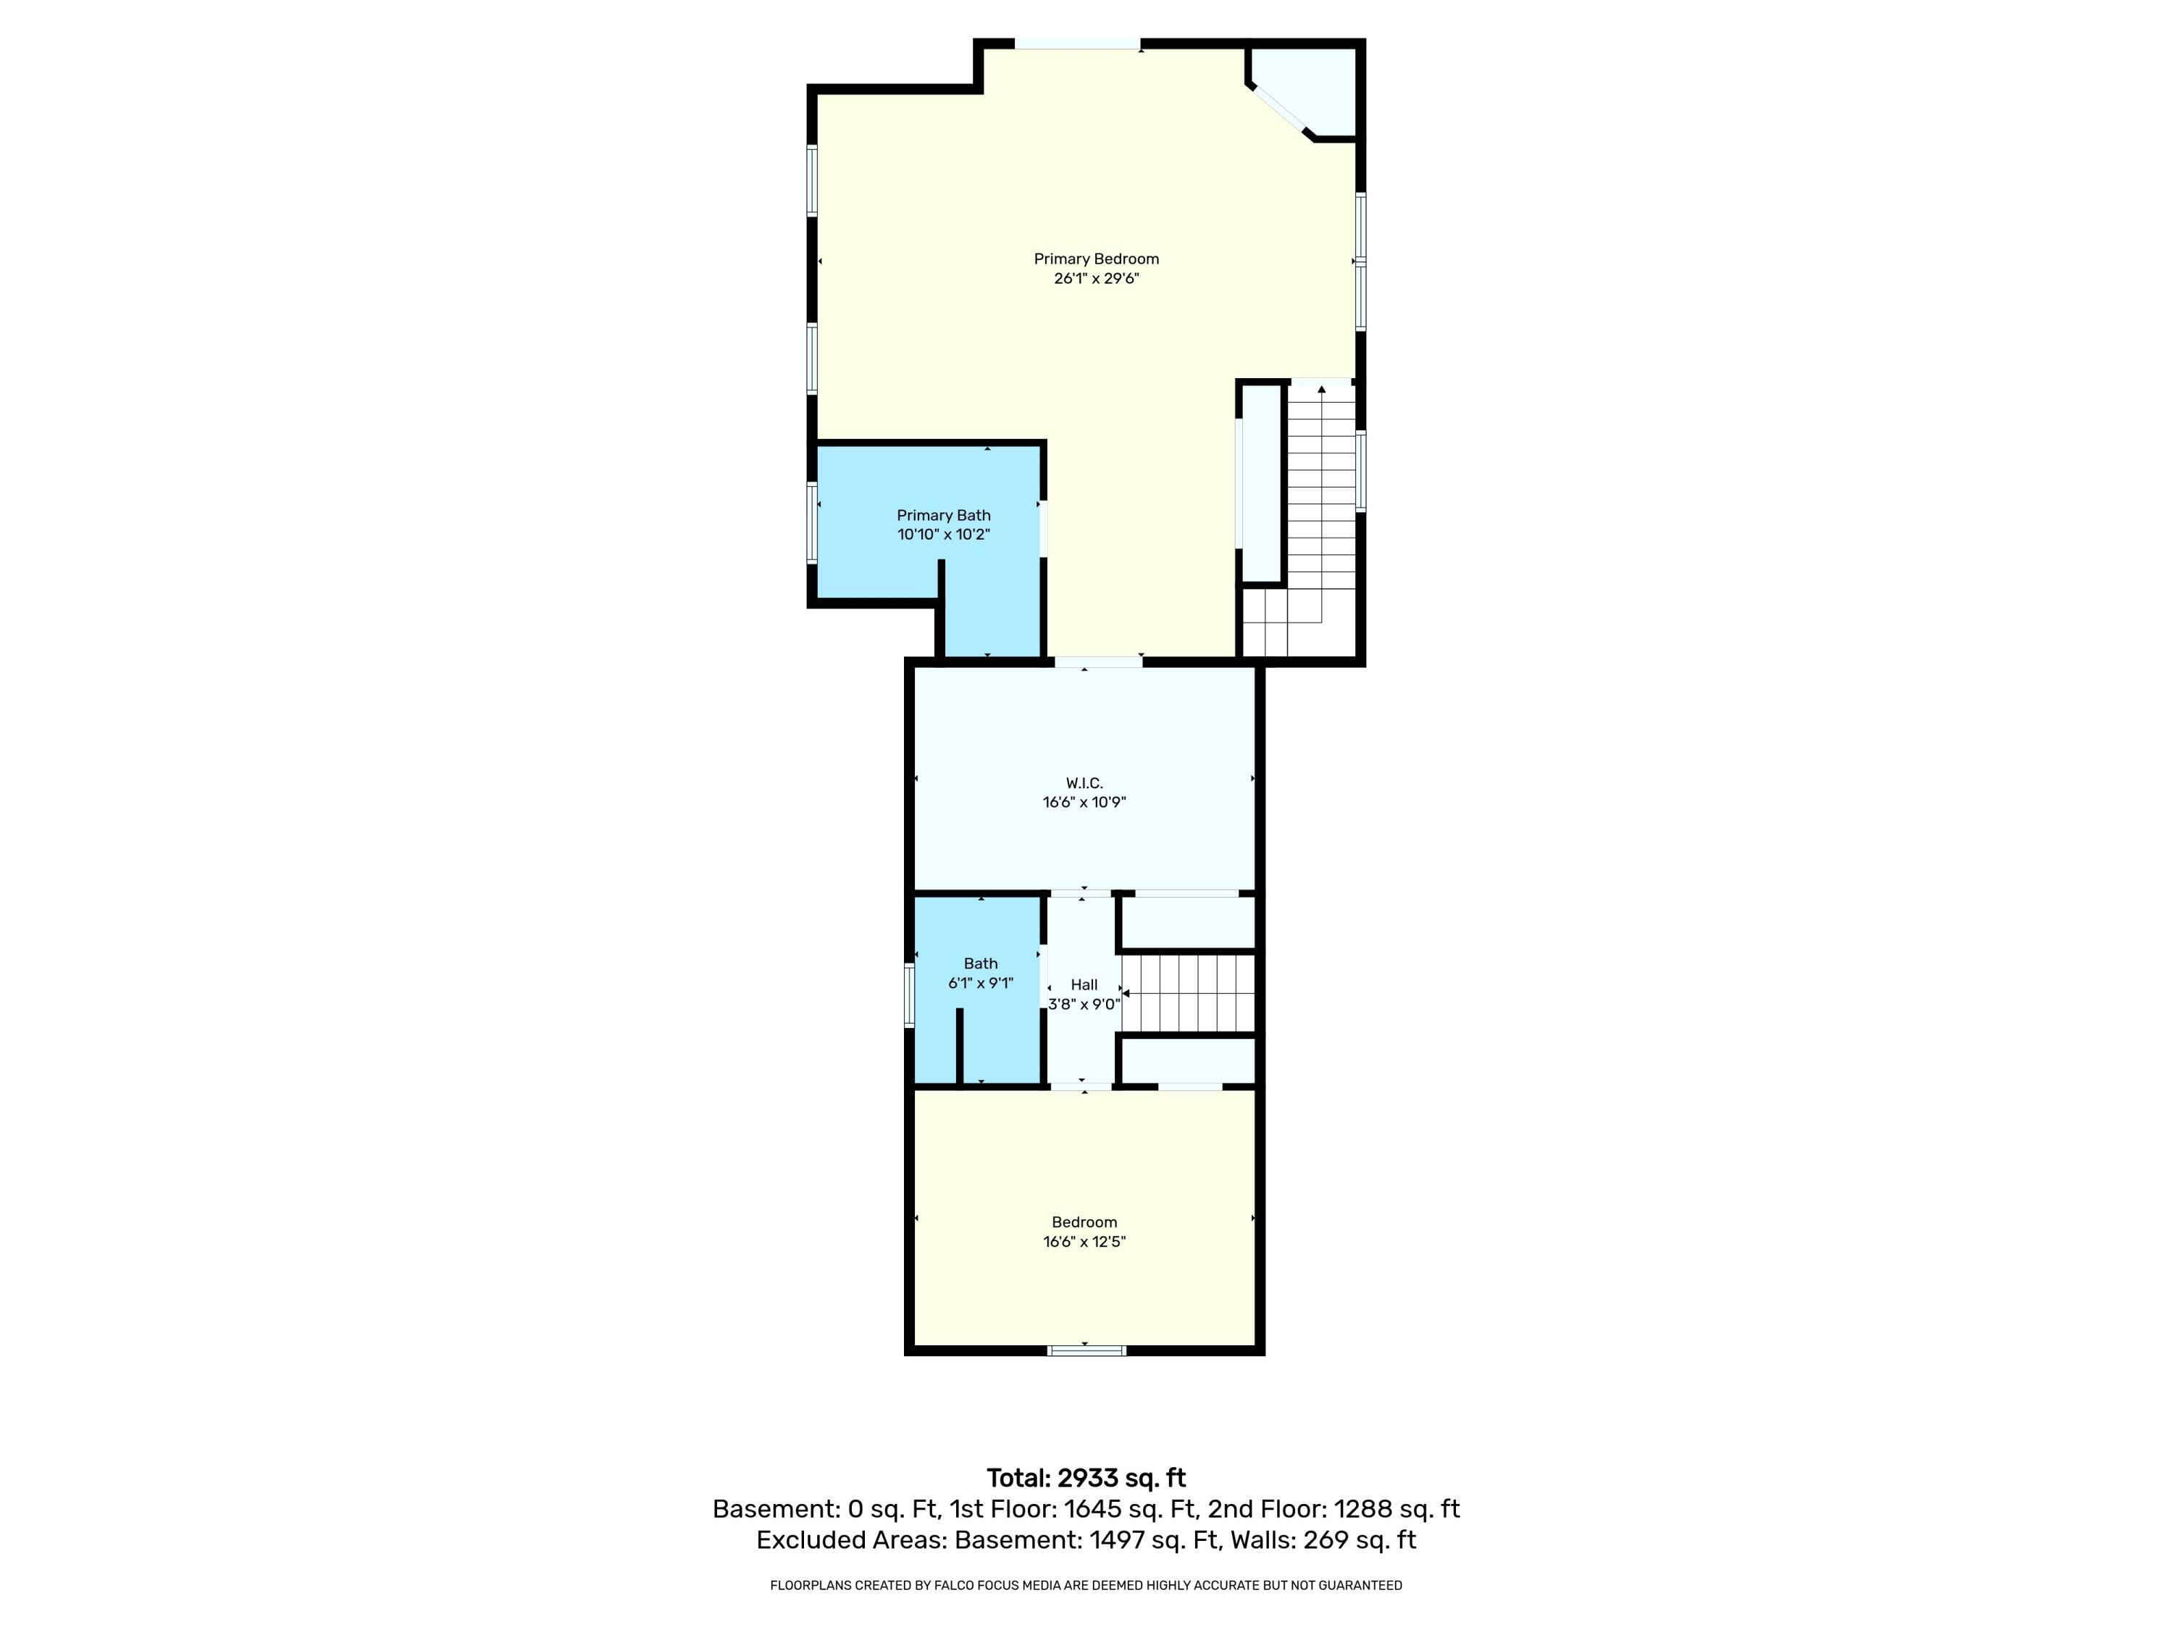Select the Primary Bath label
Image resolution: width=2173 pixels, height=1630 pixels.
[x=943, y=516]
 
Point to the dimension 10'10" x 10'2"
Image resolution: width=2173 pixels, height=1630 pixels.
[x=943, y=535]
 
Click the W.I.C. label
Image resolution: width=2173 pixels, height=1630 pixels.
[x=1084, y=783]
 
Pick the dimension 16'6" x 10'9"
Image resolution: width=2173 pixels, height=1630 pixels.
[x=1084, y=803]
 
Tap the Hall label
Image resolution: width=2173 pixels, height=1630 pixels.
[x=1084, y=985]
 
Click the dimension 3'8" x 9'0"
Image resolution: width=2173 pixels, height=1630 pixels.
[x=1084, y=1004]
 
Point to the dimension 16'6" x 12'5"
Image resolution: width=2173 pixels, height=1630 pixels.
[x=1084, y=1242]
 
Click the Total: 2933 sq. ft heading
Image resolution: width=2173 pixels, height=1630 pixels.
[x=1086, y=1478]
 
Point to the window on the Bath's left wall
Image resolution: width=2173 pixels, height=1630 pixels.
[x=910, y=995]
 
